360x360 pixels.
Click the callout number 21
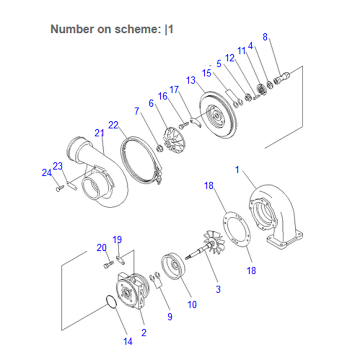(x=99, y=133)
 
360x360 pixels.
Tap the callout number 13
(x=190, y=80)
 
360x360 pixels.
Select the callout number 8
(x=265, y=37)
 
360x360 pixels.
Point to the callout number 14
(x=128, y=342)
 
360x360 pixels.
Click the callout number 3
(x=218, y=289)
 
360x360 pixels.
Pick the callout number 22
(x=113, y=125)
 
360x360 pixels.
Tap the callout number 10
(x=192, y=305)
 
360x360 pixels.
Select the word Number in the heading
(x=72, y=29)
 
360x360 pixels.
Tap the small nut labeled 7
(x=159, y=148)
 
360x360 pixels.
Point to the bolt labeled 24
(x=60, y=189)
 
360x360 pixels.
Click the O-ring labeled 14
(x=111, y=302)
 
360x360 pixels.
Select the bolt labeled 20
(x=108, y=264)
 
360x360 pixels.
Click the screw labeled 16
(x=184, y=125)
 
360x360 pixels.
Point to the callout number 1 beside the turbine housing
(x=237, y=170)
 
